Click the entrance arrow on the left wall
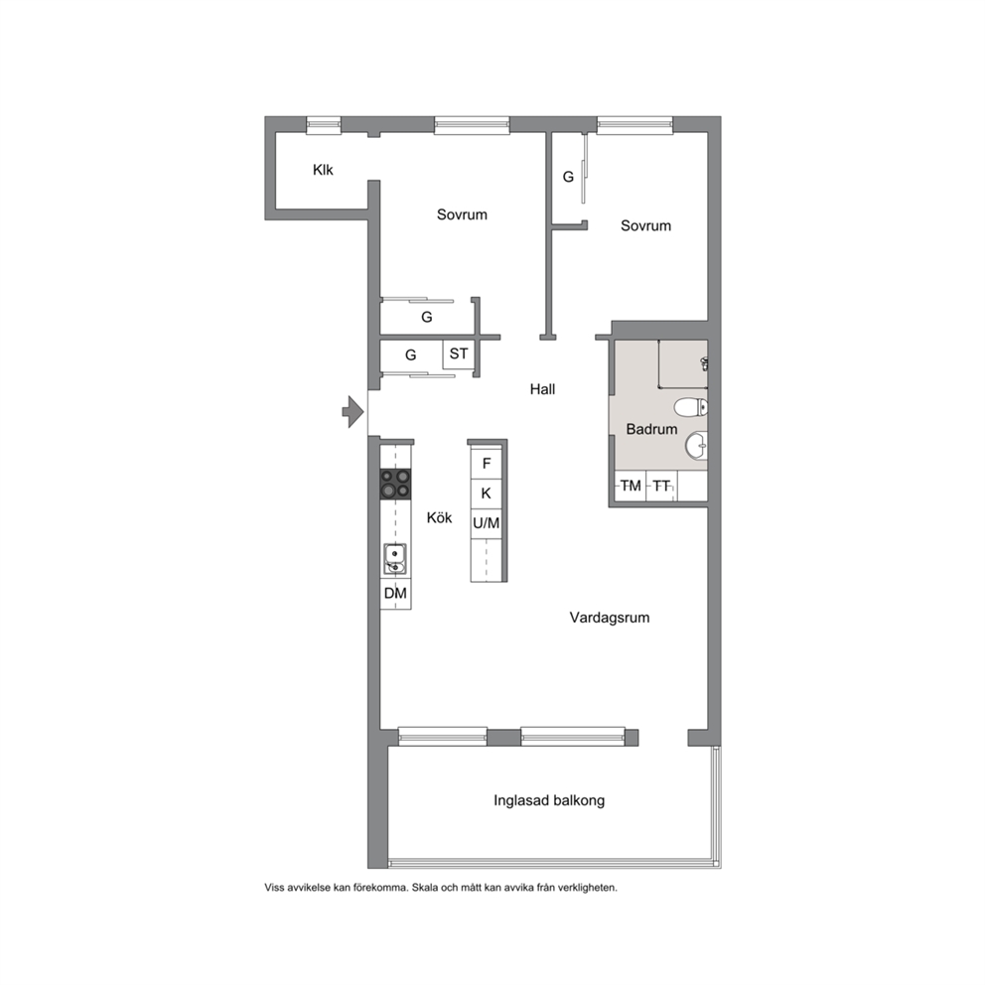point(353,412)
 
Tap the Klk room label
point(323,170)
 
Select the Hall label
point(542,389)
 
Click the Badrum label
point(651,430)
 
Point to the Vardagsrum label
point(610,618)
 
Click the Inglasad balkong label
point(549,801)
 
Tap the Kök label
point(439,518)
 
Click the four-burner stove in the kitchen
point(395,485)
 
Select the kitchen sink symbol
point(395,559)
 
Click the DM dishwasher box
point(396,594)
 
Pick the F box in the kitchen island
point(487,465)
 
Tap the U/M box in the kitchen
point(487,523)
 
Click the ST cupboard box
point(458,354)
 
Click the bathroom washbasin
point(696,446)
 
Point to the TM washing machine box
point(631,487)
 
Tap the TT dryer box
point(661,487)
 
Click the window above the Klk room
point(324,125)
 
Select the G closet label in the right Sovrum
point(568,177)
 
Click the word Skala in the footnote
point(426,888)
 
